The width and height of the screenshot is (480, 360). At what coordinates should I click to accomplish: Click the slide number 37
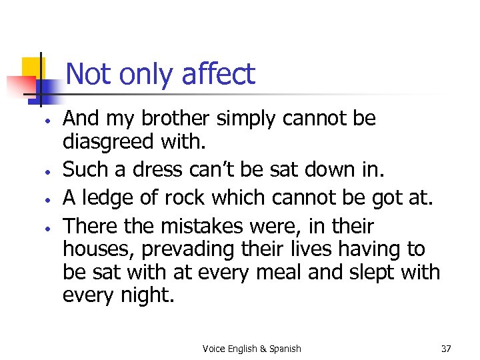[x=446, y=349]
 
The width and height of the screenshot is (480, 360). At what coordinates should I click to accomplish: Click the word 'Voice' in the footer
[x=214, y=349]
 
